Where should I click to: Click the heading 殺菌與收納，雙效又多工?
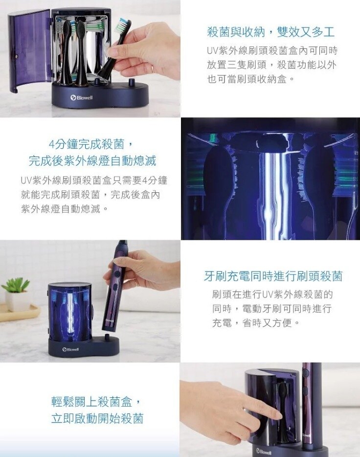pyautogui.click(x=270, y=32)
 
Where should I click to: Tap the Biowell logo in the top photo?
pyautogui.click(x=82, y=98)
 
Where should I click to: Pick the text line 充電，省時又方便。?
pyautogui.click(x=255, y=323)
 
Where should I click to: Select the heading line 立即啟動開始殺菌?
pyautogui.click(x=97, y=419)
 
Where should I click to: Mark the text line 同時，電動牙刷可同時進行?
pyautogui.click(x=272, y=309)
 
